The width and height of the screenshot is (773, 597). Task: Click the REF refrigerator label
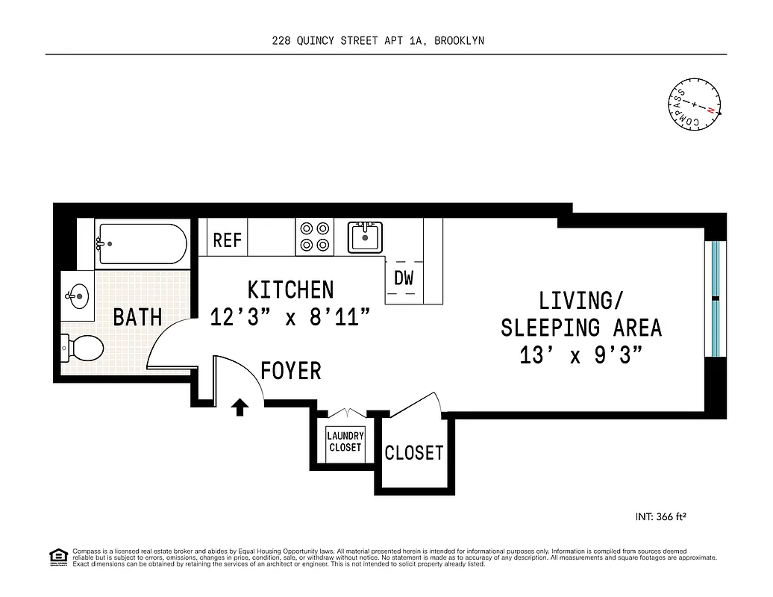tap(228, 240)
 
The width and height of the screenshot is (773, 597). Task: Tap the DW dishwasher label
tap(404, 278)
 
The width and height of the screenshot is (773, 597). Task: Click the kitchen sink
tap(365, 237)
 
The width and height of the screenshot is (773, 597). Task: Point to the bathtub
tap(140, 244)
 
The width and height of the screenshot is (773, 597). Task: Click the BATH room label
tap(137, 317)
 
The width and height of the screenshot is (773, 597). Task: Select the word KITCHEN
tap(290, 290)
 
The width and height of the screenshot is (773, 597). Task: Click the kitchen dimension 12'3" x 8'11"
tap(290, 317)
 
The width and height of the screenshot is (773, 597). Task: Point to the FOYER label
tap(291, 370)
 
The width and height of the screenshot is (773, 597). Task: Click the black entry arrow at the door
tap(240, 407)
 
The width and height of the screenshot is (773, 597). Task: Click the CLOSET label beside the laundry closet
tap(413, 452)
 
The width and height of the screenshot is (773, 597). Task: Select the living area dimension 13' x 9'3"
tap(581, 355)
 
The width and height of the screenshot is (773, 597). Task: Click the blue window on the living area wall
tap(715, 298)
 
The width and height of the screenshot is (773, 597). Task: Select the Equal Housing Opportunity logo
tap(57, 557)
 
